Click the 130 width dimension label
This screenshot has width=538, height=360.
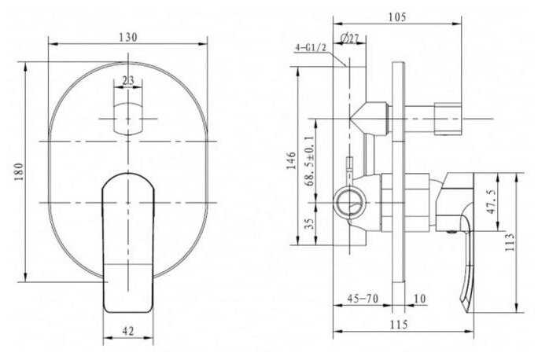(128, 37)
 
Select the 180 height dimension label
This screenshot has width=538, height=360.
(19, 172)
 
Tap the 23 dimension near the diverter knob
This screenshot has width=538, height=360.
(128, 81)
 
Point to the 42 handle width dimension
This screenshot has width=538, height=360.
(128, 331)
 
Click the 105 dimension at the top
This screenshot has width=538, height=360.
(396, 17)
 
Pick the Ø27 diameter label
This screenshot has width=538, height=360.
(349, 39)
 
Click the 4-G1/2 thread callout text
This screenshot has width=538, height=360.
(311, 48)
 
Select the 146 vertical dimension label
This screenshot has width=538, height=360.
(291, 160)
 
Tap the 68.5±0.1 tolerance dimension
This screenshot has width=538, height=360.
(309, 160)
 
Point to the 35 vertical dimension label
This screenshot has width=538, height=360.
(309, 223)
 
